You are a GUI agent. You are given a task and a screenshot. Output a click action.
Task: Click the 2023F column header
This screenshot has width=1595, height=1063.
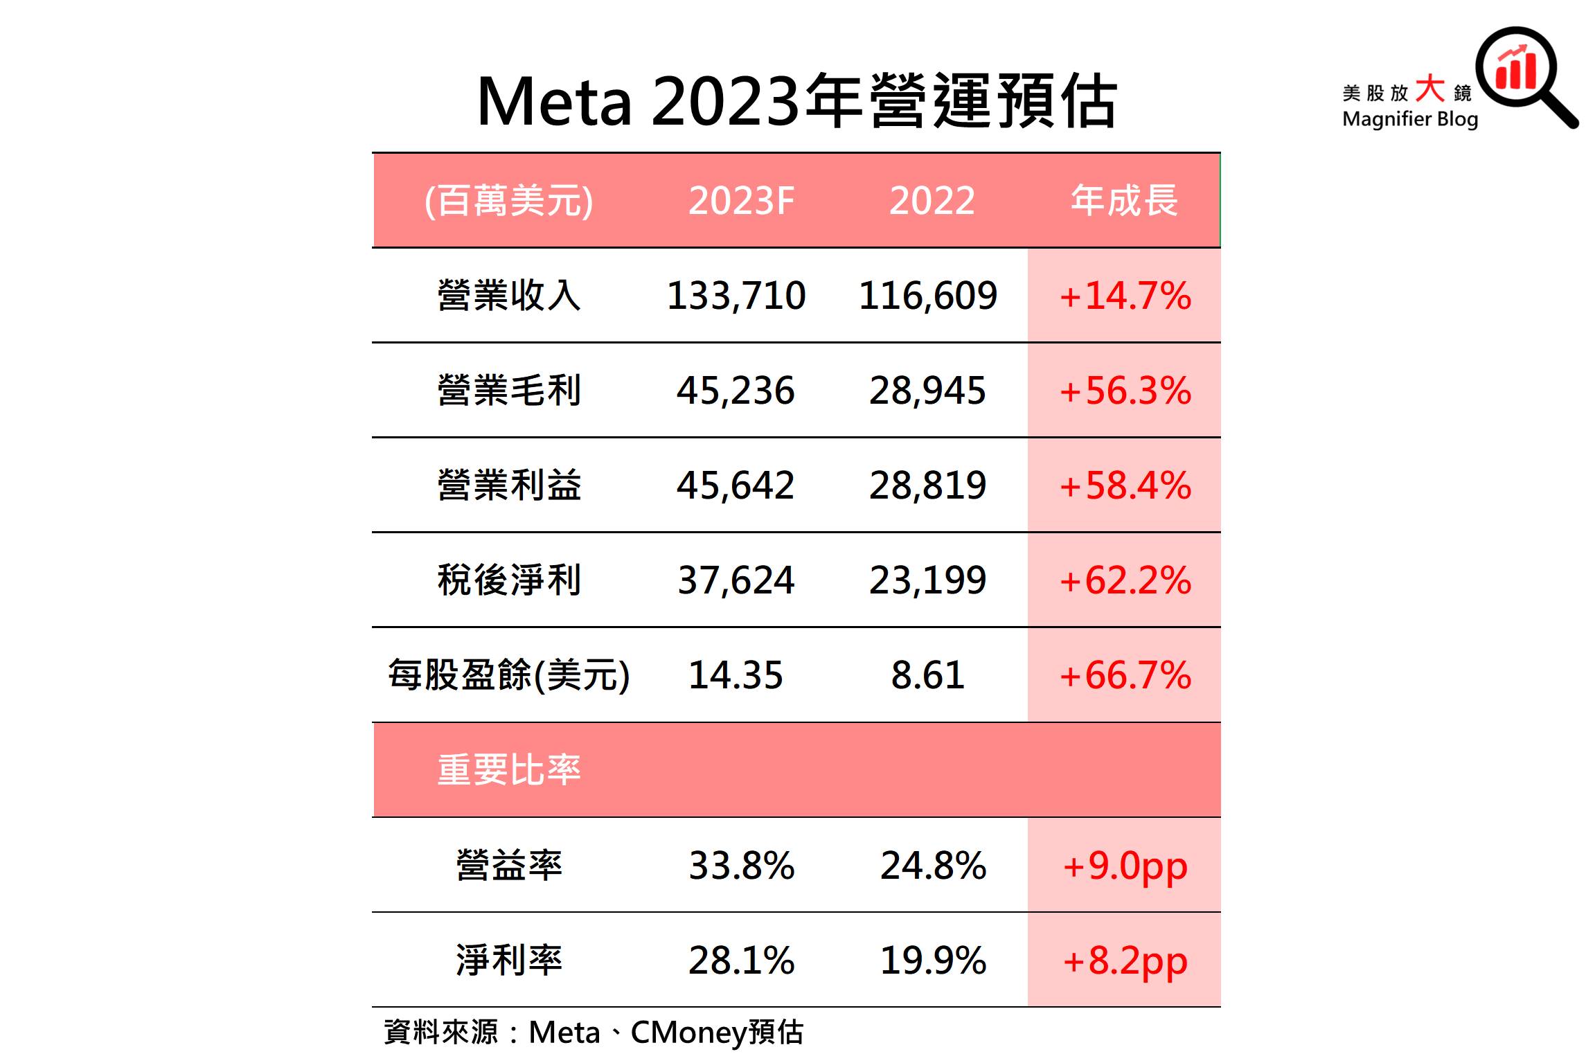click(x=740, y=201)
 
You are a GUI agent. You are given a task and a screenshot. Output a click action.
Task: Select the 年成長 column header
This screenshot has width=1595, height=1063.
click(x=1123, y=201)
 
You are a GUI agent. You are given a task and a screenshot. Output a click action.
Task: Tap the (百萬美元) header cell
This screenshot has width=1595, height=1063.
click(x=508, y=201)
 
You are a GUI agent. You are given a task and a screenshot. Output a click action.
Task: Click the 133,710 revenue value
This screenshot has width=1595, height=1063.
click(x=736, y=296)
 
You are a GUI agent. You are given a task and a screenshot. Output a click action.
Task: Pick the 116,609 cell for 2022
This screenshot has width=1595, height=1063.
click(x=928, y=296)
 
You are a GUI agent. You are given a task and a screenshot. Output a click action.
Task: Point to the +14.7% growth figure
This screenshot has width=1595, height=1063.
click(x=1125, y=296)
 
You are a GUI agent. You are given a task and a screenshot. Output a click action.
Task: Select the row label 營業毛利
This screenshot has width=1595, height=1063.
click(x=509, y=391)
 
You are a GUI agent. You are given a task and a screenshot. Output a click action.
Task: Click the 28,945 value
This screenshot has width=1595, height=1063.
click(x=928, y=391)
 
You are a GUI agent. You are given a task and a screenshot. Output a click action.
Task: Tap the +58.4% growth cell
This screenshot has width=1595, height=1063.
click(x=1125, y=485)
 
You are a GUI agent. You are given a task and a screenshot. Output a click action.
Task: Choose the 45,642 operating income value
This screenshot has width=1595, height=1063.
click(x=736, y=485)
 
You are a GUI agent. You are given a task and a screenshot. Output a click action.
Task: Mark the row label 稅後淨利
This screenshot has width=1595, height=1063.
click(x=509, y=580)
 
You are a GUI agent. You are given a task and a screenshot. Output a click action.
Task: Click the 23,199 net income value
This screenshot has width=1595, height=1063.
click(x=928, y=580)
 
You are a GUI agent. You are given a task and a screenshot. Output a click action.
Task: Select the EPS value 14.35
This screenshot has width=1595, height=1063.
click(x=736, y=675)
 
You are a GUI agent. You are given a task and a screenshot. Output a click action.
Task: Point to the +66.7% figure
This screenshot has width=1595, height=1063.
click(x=1125, y=675)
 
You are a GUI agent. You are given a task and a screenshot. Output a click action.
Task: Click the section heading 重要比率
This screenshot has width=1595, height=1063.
click(x=509, y=770)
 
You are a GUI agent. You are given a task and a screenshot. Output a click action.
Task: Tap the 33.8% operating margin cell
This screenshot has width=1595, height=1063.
click(x=741, y=866)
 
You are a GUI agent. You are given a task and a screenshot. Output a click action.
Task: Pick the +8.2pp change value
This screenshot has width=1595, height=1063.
click(x=1125, y=961)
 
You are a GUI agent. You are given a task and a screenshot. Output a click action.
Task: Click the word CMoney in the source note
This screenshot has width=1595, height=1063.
click(x=688, y=1033)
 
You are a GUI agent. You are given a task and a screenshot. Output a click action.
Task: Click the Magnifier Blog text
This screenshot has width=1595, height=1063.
click(x=1410, y=119)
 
